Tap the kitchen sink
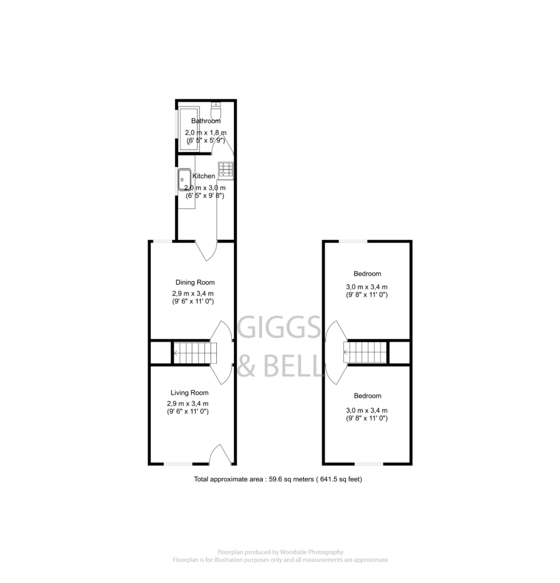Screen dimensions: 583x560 pos(184,179)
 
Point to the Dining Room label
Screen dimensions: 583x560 pos(195,282)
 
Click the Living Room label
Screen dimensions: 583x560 pos(189,393)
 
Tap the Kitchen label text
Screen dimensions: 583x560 pos(204,176)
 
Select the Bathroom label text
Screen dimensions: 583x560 pos(206,121)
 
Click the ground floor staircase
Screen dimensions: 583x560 pos(195,353)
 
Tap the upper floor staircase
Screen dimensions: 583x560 pos(365,352)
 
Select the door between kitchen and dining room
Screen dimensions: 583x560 pos(206,251)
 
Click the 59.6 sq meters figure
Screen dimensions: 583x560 pos(291,479)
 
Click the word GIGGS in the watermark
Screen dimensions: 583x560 pos(279,327)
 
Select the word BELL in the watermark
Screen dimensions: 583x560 pos(293,366)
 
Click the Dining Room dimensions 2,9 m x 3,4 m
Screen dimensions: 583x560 pos(193,293)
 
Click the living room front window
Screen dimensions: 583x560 pos(178,464)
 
